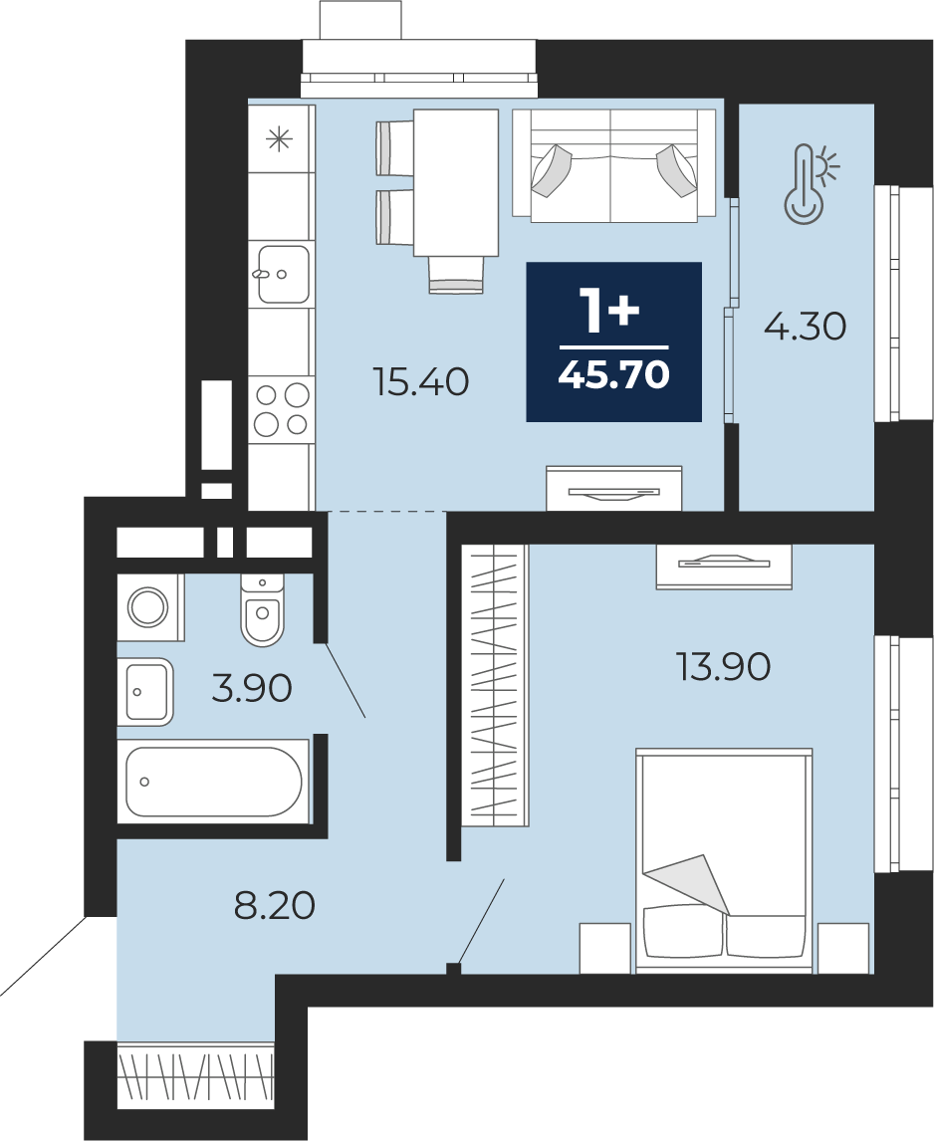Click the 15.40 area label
[x=421, y=381]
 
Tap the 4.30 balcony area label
[x=806, y=326]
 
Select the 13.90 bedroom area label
[x=723, y=666]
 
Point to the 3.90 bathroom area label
[x=252, y=687]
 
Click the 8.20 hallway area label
[x=275, y=905]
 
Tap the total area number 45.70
[x=613, y=375]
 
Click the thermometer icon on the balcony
[x=811, y=182]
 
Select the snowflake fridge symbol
[x=280, y=138]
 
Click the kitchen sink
[x=283, y=274]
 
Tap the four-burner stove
[x=282, y=409]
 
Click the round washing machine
[x=148, y=606]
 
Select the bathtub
[x=214, y=781]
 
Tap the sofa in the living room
[x=614, y=163]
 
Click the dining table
[x=456, y=182]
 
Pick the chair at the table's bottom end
[x=456, y=275]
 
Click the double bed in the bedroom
[x=724, y=860]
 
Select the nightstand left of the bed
[x=605, y=947]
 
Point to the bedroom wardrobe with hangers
[x=495, y=685]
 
